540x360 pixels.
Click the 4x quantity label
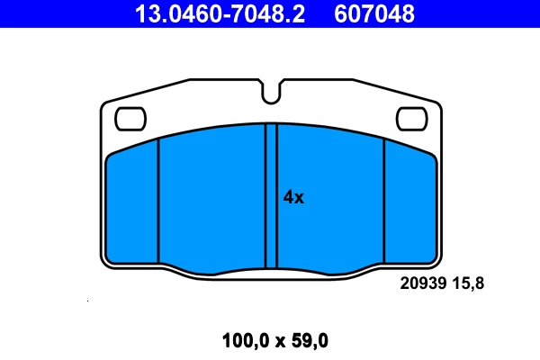pos(293,198)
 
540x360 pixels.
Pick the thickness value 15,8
pos(467,283)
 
